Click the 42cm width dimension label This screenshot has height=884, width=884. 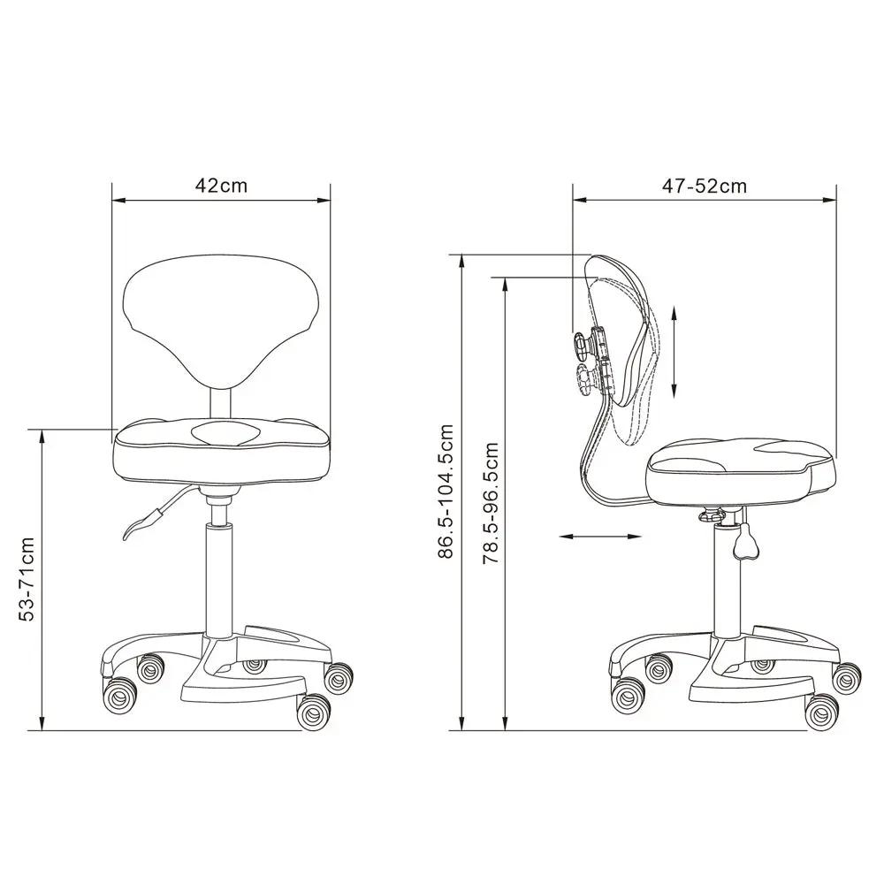click(221, 185)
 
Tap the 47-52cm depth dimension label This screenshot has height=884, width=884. click(705, 186)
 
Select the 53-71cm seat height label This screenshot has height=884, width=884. click(27, 578)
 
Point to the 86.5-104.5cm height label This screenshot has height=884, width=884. click(446, 491)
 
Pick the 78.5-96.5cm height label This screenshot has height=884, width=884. click(491, 503)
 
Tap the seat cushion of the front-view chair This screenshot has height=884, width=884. click(221, 451)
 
